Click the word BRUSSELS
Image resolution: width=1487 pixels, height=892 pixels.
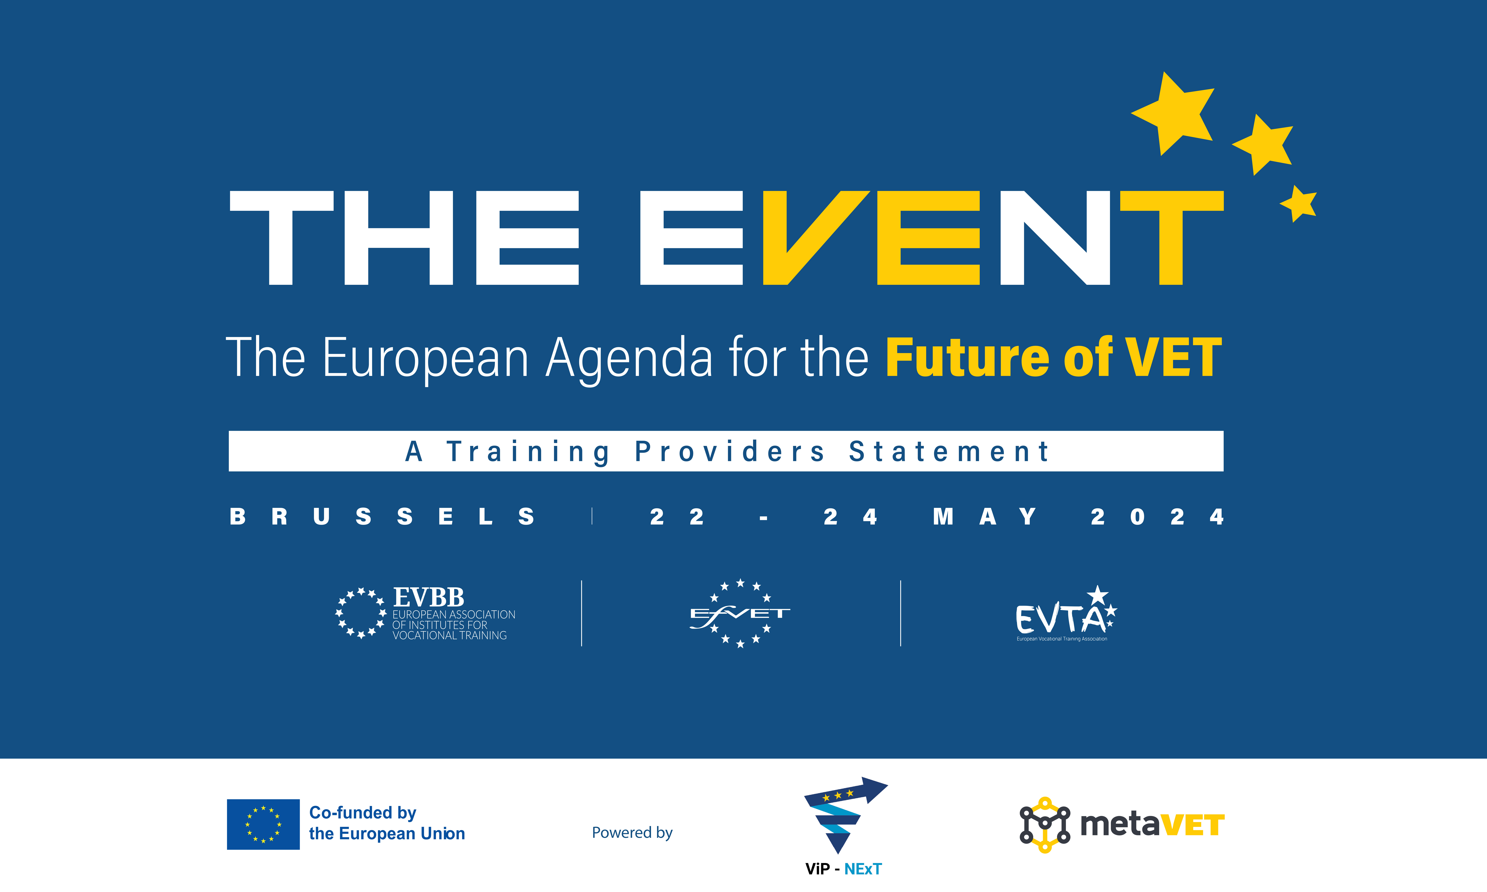click(x=382, y=517)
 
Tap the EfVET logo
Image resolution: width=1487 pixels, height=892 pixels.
click(x=740, y=613)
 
